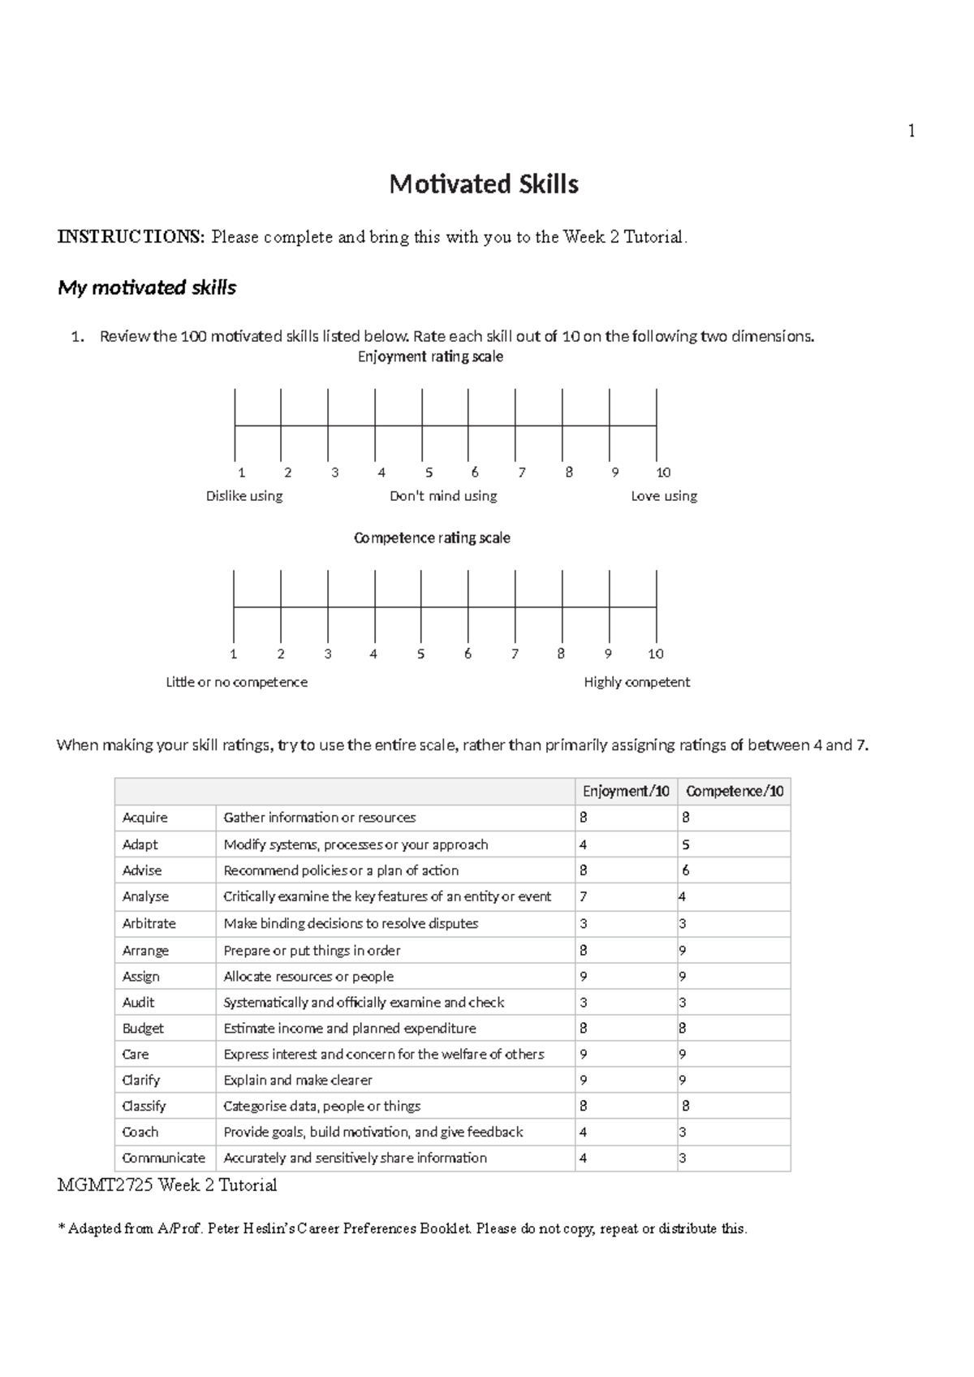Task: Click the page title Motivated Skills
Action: [484, 184]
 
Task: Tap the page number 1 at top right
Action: [912, 131]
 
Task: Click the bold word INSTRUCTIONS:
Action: [131, 237]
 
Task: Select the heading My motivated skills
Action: [147, 287]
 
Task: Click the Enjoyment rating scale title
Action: [430, 356]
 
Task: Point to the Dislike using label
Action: [244, 496]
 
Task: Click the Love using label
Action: [664, 496]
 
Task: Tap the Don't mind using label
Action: [443, 496]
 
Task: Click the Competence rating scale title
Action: [432, 537]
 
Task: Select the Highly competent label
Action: [636, 682]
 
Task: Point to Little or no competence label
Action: [236, 682]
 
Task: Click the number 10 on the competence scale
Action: [656, 654]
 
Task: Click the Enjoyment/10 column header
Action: [626, 791]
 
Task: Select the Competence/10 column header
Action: [735, 791]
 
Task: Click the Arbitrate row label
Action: [149, 923]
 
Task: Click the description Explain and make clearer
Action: [298, 1080]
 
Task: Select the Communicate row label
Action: [163, 1158]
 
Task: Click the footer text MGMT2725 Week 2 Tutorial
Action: [167, 1185]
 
